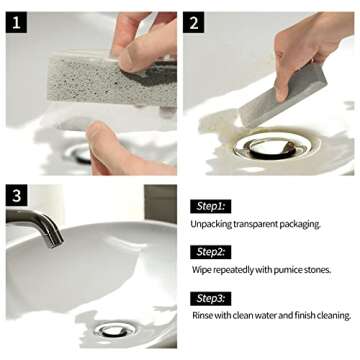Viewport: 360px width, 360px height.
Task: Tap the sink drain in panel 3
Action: [x=111, y=326]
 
